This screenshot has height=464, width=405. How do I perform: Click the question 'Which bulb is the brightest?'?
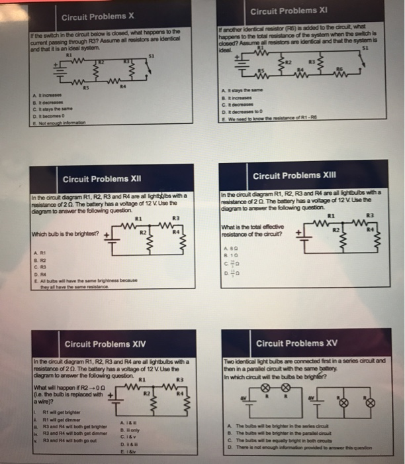click(64, 233)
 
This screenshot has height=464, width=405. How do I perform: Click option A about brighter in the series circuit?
click(284, 424)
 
